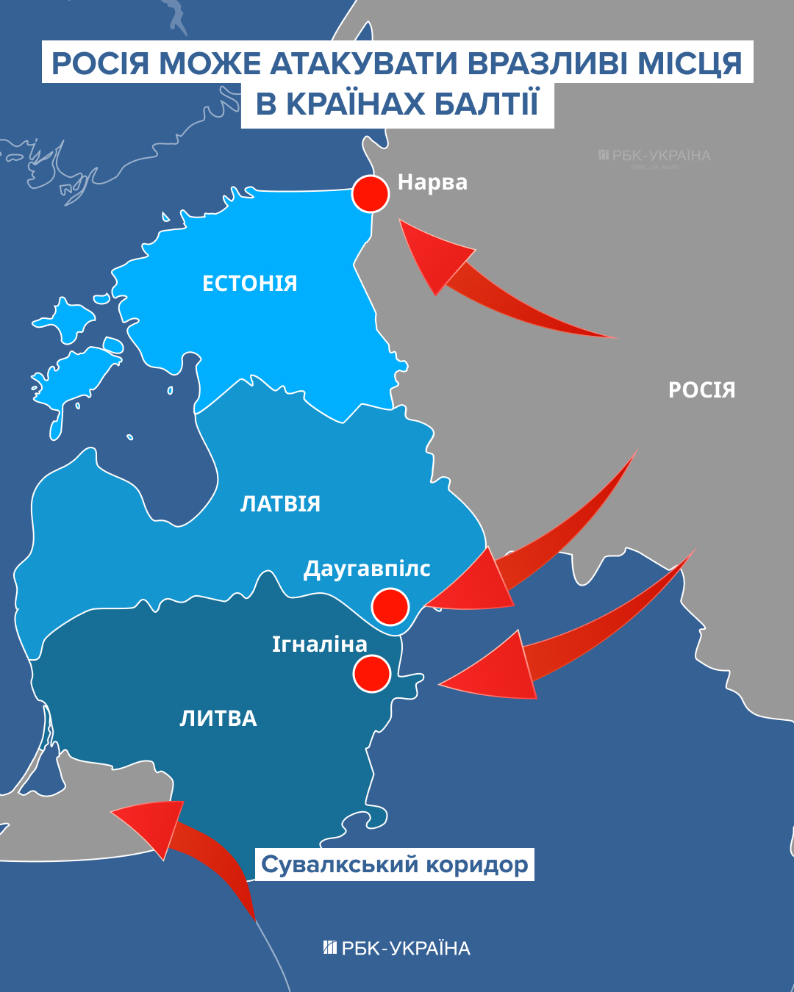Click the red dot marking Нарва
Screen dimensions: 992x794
[370, 194]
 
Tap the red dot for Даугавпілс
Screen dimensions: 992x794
[390, 607]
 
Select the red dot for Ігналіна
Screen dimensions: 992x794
[371, 673]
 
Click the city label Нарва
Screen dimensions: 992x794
[432, 182]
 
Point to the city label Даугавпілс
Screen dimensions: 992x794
[367, 569]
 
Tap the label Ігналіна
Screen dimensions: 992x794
[320, 644]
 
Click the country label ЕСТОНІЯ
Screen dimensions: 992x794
[250, 284]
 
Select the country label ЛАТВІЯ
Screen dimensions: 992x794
[281, 504]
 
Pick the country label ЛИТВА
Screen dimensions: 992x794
[218, 719]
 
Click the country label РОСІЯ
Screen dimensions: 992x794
[701, 390]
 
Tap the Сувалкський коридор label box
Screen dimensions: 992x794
[395, 865]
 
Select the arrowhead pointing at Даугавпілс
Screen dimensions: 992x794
[434, 604]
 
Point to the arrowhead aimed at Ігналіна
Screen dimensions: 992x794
[446, 684]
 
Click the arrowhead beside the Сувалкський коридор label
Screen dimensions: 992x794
[118, 813]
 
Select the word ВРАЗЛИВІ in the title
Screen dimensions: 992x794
[548, 64]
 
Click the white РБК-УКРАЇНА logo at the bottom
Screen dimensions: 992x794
[397, 949]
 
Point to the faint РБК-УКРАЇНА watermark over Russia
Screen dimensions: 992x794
[654, 156]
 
